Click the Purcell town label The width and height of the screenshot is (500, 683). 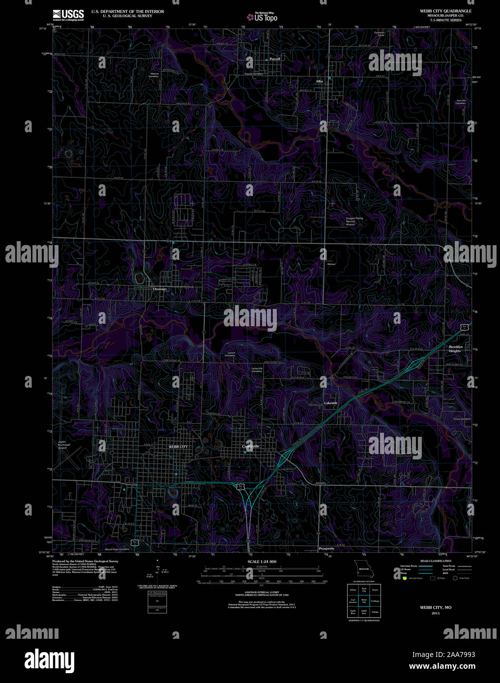pos(274,59)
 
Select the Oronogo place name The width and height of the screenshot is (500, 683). pos(160,289)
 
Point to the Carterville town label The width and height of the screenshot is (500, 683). pos(251,446)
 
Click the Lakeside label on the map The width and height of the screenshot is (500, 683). pos(331,403)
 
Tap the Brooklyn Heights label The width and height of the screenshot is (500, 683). pos(456,349)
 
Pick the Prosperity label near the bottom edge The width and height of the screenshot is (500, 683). pos(326,548)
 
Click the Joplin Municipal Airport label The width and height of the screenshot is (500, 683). pos(62,445)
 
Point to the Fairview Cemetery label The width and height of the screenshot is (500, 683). pos(461,102)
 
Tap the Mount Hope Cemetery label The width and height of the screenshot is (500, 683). pos(117,549)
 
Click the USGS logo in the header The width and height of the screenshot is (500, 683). pos(68,14)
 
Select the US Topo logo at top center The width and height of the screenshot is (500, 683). pos(263,18)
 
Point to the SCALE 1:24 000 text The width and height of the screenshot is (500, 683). pos(262,561)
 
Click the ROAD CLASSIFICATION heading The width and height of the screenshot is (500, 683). pos(436,561)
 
